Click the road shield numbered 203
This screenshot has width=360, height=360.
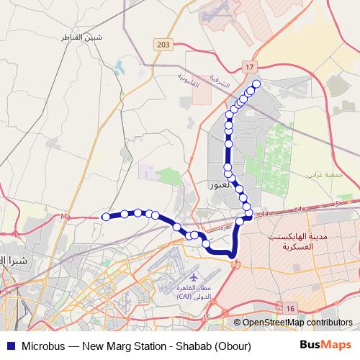(163, 45)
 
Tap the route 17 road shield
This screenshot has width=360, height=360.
(250, 67)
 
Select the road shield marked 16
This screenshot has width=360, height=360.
(290, 308)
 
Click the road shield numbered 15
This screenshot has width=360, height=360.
(206, 317)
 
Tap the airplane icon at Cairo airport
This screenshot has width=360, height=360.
(194, 276)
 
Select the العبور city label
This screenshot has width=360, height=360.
(220, 185)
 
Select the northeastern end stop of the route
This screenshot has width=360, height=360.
(256, 84)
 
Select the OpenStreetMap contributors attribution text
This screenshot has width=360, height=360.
(296, 323)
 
